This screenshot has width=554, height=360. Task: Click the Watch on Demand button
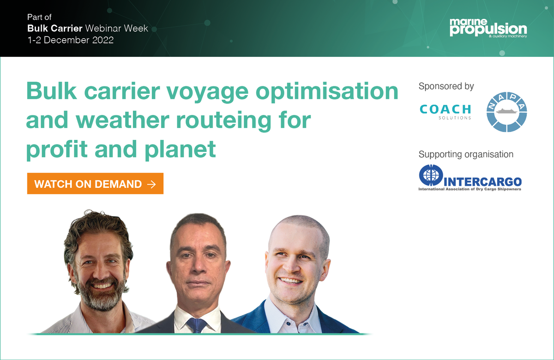pyautogui.click(x=95, y=184)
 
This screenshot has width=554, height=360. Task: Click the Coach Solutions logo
pyautogui.click(x=445, y=111)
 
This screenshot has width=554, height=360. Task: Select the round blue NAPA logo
pyautogui.click(x=507, y=113)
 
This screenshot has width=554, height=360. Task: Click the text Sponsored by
pyautogui.click(x=446, y=86)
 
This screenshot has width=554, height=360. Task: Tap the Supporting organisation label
pyautogui.click(x=466, y=154)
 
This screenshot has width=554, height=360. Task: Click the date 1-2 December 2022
pyautogui.click(x=70, y=40)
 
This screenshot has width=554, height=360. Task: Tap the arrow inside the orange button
pyautogui.click(x=151, y=184)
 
